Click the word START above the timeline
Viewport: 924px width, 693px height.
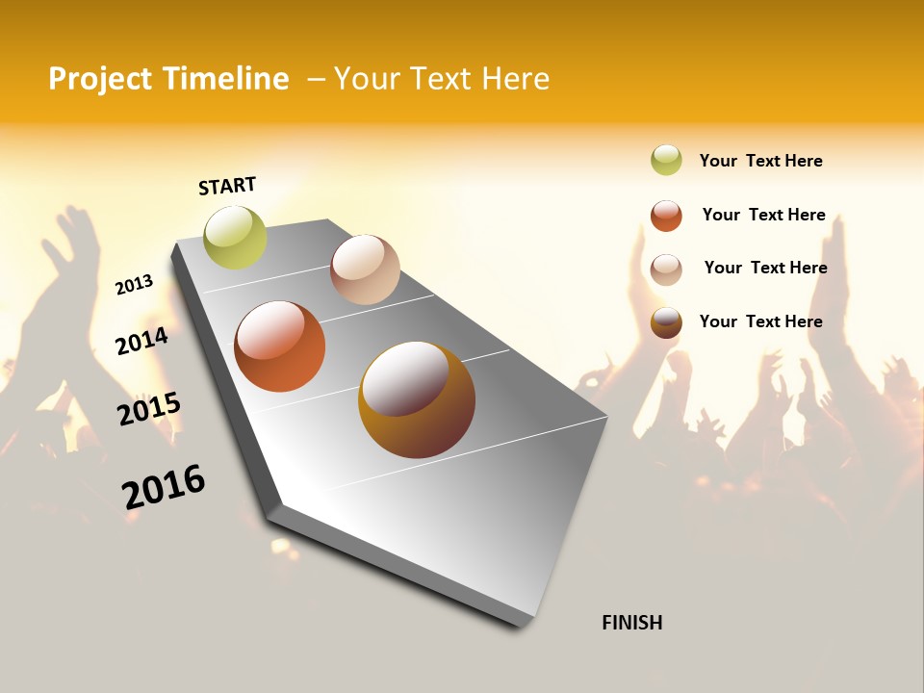click(227, 186)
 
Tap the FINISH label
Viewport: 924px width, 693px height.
click(631, 623)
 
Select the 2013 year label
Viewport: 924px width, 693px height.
click(134, 284)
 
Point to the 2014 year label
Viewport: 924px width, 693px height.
click(141, 341)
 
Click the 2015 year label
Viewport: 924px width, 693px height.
click(148, 408)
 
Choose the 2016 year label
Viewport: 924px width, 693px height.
click(164, 486)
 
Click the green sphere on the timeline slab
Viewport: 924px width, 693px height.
click(235, 237)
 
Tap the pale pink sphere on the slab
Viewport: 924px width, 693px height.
click(365, 269)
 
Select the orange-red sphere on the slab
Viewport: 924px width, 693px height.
click(280, 346)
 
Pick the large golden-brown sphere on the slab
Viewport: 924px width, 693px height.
click(417, 399)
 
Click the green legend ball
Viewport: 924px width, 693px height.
click(666, 161)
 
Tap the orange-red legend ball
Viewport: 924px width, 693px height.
click(666, 216)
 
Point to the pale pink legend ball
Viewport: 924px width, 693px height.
click(666, 269)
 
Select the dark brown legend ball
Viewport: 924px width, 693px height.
click(666, 322)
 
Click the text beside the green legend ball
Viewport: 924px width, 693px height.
click(760, 161)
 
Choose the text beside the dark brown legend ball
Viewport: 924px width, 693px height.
click(760, 321)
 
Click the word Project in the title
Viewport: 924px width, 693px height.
click(100, 79)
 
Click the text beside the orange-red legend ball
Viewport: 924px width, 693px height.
click(763, 215)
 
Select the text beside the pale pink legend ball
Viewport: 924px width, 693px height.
click(765, 268)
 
